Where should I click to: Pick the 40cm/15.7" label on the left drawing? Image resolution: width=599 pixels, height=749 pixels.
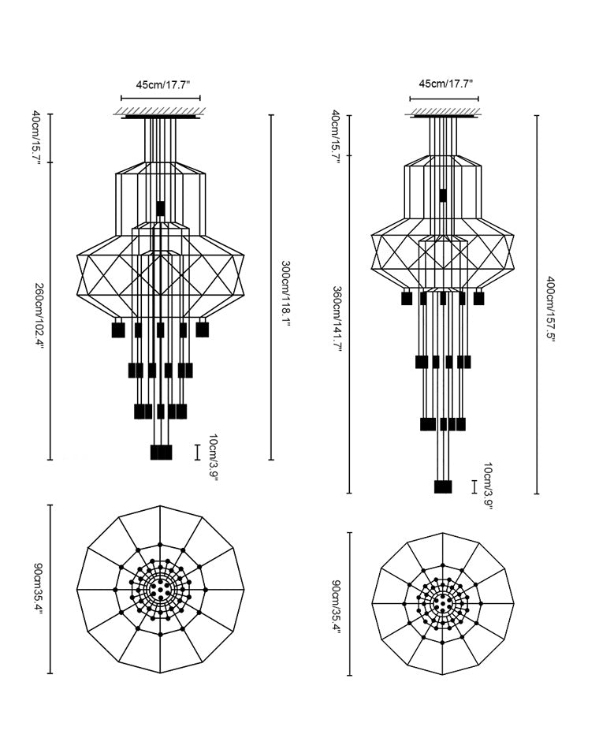click(x=37, y=138)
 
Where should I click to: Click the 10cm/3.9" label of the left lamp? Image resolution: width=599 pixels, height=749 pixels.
click(x=213, y=457)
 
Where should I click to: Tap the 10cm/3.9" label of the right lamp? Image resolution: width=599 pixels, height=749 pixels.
click(x=489, y=486)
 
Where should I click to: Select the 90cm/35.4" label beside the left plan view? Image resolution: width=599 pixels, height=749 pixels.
click(x=37, y=589)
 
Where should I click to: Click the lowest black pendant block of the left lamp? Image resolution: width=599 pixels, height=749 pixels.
click(x=161, y=452)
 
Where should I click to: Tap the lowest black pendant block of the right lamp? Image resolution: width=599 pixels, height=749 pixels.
click(x=443, y=486)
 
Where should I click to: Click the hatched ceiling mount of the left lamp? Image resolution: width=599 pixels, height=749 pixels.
click(x=160, y=112)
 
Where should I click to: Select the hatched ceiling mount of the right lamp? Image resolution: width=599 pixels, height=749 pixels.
click(x=444, y=112)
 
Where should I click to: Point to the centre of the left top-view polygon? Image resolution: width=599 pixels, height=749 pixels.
click(x=160, y=589)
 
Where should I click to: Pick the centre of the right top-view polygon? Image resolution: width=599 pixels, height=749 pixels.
click(x=442, y=603)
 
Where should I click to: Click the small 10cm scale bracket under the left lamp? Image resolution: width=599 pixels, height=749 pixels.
click(x=196, y=451)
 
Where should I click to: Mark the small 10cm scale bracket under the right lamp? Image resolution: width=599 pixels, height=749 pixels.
click(x=474, y=486)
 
